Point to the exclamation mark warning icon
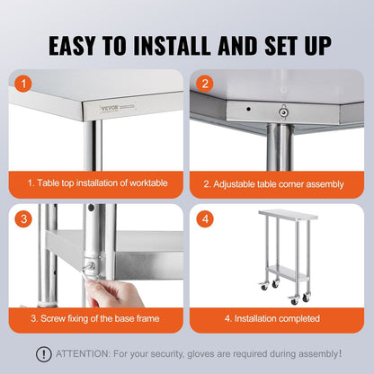click(x=43, y=354)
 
